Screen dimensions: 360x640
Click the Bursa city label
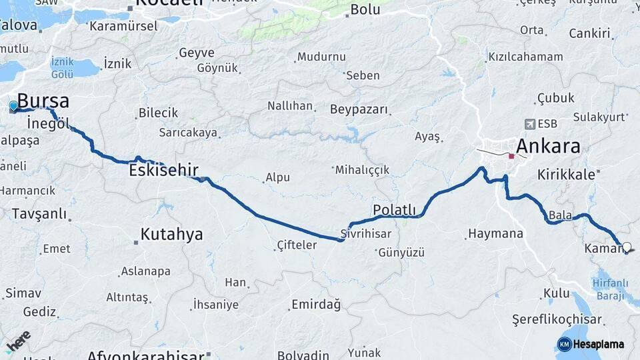coord(43,101)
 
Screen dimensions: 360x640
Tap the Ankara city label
coord(548,147)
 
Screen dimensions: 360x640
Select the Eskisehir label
coord(163,171)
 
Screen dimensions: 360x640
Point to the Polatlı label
coord(394,211)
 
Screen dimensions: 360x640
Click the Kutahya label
coord(171,235)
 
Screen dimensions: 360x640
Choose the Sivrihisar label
coord(365,234)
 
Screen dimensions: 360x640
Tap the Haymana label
coord(495,234)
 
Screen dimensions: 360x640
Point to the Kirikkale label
coord(566,175)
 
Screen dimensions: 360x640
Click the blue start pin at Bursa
coord(13,105)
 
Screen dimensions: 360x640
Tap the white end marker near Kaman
coord(626,247)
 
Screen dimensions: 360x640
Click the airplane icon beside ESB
coord(530,124)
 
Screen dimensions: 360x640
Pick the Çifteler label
coord(297,245)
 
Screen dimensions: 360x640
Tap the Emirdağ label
coord(316,305)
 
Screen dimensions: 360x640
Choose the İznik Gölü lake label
coord(62,67)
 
